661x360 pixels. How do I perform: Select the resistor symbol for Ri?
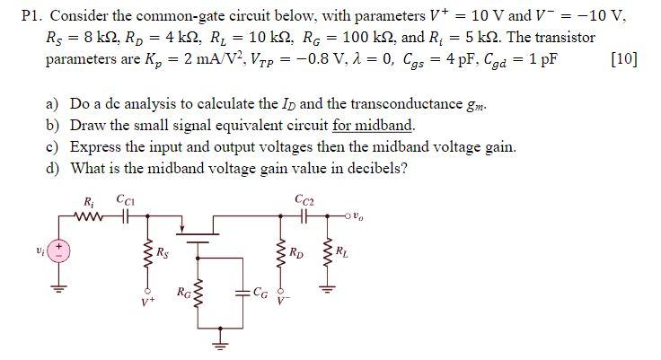click(x=90, y=216)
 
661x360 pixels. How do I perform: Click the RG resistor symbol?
click(x=198, y=295)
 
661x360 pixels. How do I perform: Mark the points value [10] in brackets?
click(x=622, y=62)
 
